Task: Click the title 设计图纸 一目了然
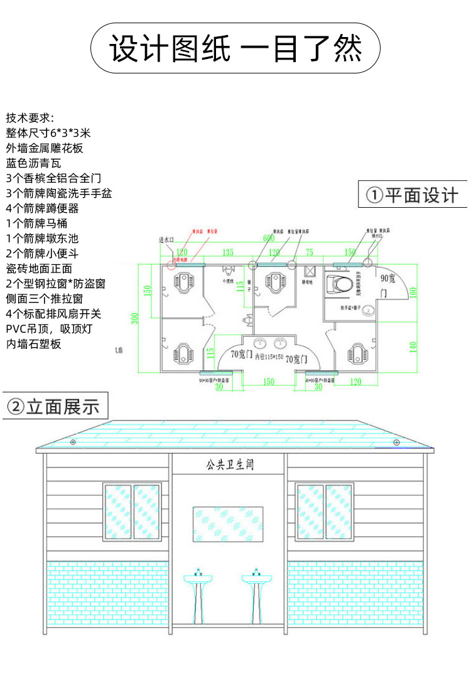pos(235,48)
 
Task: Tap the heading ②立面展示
pos(53,406)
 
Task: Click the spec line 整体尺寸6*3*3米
pos(49,133)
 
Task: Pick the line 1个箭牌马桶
pos(36,223)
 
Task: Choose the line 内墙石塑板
pos(34,344)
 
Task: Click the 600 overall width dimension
pos(269,239)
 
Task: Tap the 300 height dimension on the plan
pos(134,318)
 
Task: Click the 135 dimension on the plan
pos(227,252)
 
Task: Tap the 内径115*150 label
pos(269,357)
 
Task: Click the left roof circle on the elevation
pos(73,443)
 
